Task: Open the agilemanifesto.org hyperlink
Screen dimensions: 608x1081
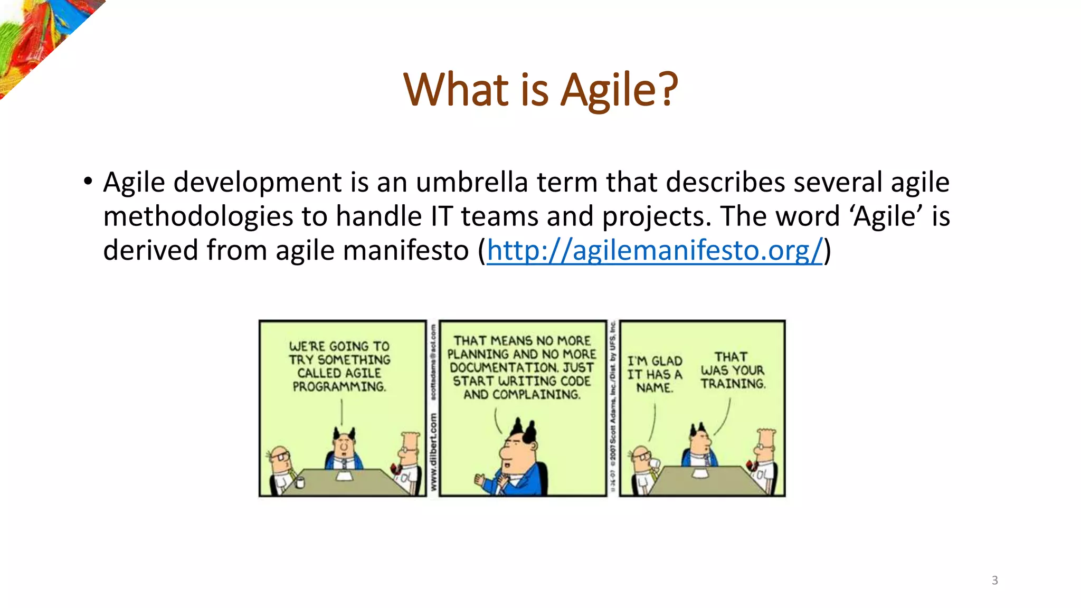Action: coord(655,250)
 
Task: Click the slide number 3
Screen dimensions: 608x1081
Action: coord(994,581)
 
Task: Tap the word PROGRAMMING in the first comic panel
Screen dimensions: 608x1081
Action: coord(339,387)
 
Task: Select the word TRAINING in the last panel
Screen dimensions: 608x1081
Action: coord(733,384)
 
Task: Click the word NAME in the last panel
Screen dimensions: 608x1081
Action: coord(655,388)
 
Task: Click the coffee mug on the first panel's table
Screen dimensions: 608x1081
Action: coord(300,482)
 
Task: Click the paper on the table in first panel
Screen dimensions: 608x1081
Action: coord(344,476)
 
